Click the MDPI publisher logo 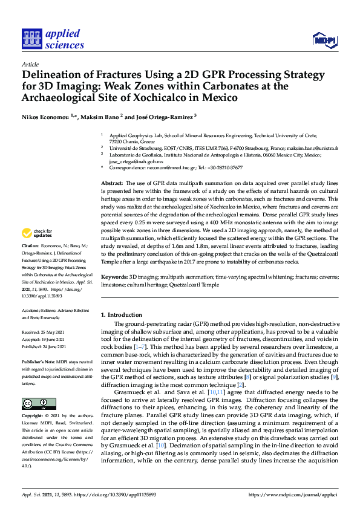[324, 40]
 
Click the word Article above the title [30, 63]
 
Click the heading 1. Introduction [122, 315]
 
